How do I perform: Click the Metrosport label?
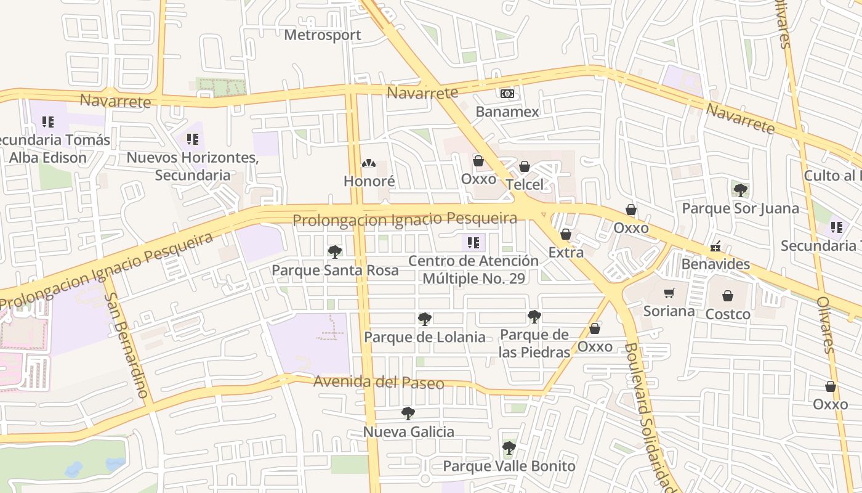pos(322,35)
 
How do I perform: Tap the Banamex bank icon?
pos(507,94)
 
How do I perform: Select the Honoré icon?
pos(368,164)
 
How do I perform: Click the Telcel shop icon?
pos(525,167)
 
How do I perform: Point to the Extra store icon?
pos(566,235)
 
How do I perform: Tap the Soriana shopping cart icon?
pos(669,293)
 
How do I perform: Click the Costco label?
pos(728,314)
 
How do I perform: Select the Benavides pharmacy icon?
pos(715,246)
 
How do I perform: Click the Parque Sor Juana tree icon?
pos(740,190)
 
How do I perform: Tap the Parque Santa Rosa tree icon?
pos(334,251)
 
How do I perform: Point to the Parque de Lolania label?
pos(424,337)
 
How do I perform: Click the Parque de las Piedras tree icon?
pos(534,317)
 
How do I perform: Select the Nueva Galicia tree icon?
pos(408,414)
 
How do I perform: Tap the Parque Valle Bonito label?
pos(509,466)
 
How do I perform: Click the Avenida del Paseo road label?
pos(378,383)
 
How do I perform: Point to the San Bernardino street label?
pos(126,345)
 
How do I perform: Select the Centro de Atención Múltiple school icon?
pos(473,243)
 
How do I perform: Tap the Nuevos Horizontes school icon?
pos(193,140)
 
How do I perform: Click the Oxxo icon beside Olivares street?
pos(830,387)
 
